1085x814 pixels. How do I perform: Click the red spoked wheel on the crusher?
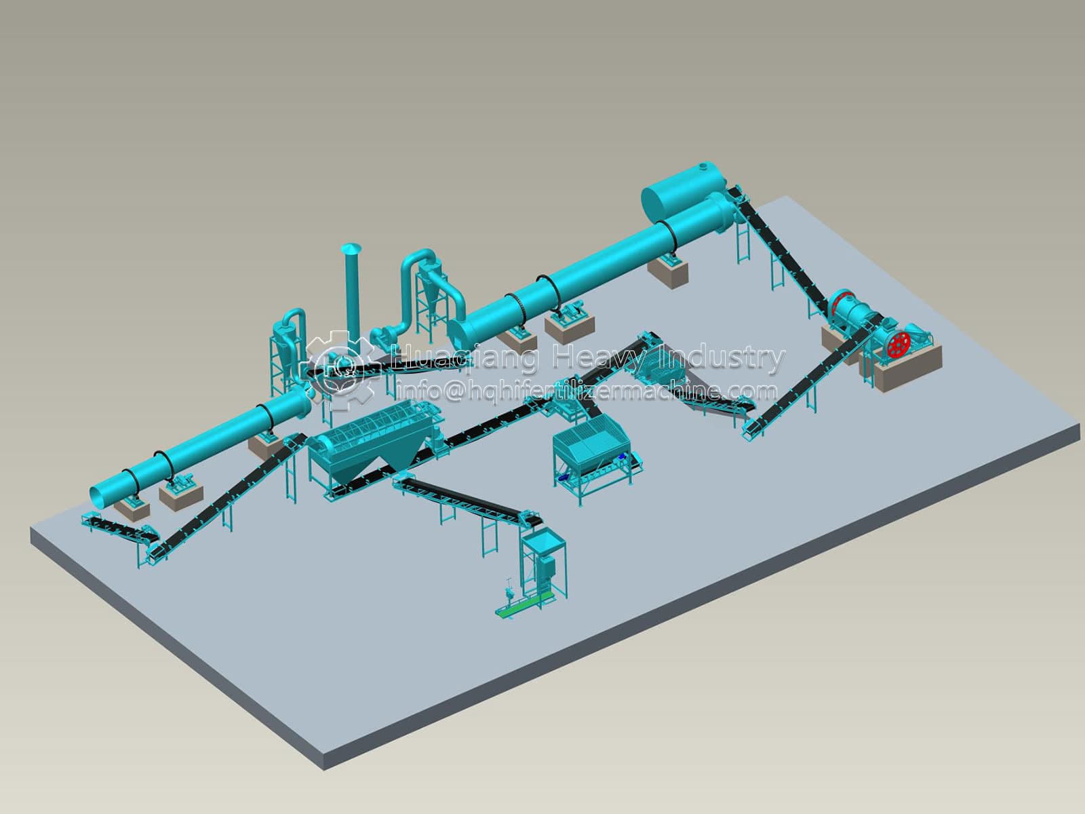point(899,345)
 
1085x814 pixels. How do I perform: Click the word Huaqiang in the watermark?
point(463,358)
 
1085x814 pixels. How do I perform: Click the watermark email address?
point(587,391)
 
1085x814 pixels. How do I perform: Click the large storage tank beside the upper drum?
point(685,193)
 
